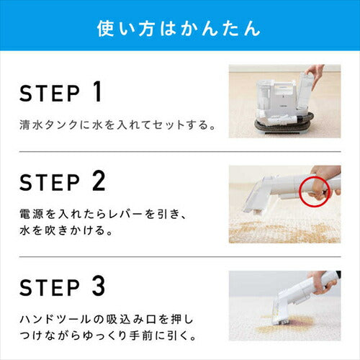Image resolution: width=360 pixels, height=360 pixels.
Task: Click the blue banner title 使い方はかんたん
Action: (179, 29)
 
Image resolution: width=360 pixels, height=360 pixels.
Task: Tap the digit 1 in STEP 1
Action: (97, 91)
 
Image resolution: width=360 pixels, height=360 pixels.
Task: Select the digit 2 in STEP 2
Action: (99, 181)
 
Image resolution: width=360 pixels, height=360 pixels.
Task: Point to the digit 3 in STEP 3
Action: (99, 286)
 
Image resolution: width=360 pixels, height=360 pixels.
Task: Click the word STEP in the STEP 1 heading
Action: (50, 94)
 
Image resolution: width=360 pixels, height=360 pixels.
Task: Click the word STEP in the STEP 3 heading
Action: (50, 287)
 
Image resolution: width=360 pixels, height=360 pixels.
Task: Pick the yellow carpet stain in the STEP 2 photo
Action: (283, 232)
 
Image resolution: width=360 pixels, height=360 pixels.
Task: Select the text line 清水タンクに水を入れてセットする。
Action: (117, 125)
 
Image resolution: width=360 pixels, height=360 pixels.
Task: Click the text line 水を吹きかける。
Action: (66, 230)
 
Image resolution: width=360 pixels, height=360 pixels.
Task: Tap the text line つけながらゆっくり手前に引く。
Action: (108, 336)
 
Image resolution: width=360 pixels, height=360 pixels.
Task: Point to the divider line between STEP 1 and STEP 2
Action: (180, 152)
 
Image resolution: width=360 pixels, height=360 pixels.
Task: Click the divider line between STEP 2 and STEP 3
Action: (180, 257)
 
